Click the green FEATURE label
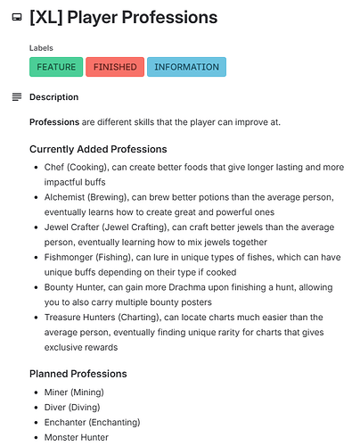pos(56,67)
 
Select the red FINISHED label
pos(115,67)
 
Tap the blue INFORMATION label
pos(186,67)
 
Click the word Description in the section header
pos(53,96)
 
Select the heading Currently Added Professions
pos(98,149)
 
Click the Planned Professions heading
pos(78,373)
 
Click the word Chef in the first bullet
pos(54,167)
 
